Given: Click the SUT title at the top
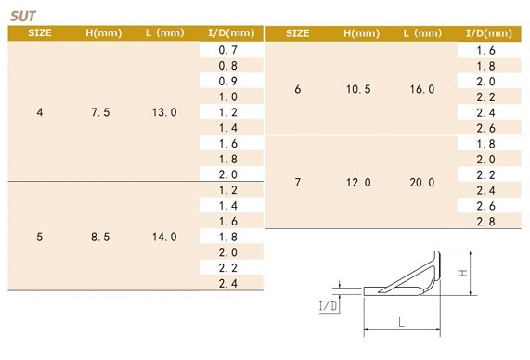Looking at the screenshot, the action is coord(22,16).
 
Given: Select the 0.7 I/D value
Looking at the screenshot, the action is coord(227,50).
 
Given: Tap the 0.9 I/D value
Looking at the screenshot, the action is coord(227,81).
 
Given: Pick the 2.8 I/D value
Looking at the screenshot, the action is coord(485,222).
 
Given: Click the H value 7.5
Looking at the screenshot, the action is coord(100,112).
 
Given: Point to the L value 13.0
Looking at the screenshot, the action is coord(164,112).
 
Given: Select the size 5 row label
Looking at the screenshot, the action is coord(40,237).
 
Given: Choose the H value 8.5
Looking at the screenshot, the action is coord(100,237).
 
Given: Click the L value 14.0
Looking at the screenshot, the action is coord(164,237).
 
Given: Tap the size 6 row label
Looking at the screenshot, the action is coord(297,89).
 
